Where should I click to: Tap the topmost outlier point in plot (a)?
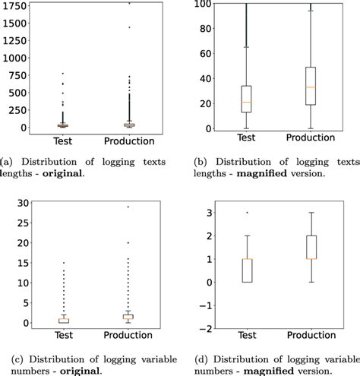tap(128, 4)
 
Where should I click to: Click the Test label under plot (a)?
tap(64, 141)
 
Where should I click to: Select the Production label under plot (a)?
tap(128, 141)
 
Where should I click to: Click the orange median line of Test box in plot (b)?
tap(245, 102)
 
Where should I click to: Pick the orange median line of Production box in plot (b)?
tap(309, 87)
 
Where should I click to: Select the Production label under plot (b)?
tap(309, 141)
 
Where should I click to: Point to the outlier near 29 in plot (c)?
tap(128, 207)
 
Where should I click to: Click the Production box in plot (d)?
tap(309, 247)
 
